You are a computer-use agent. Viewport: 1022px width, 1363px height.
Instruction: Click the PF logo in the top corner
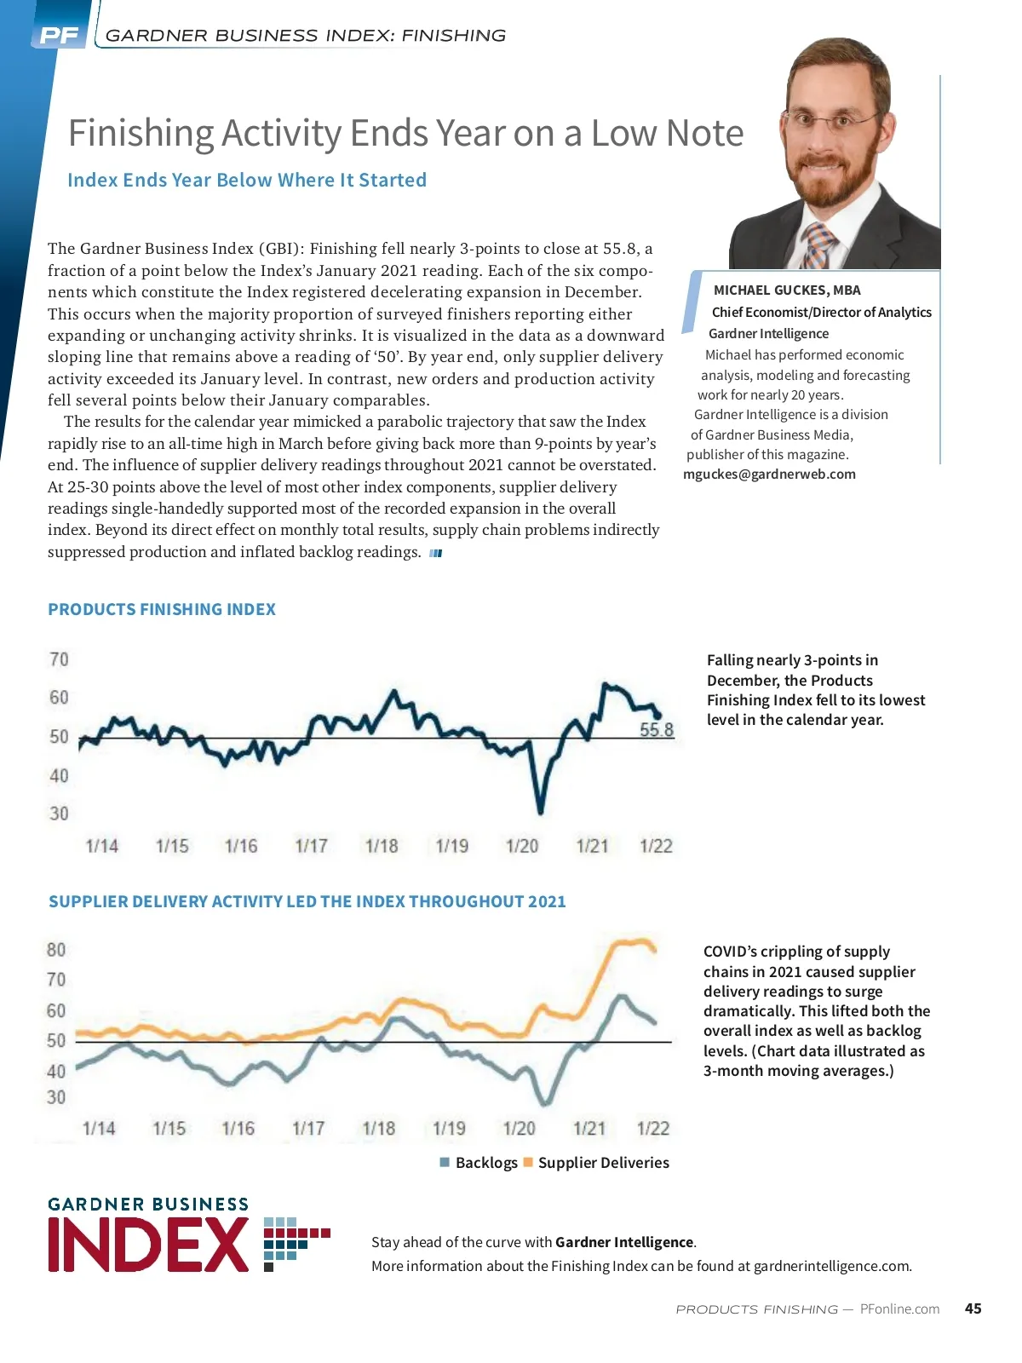(59, 36)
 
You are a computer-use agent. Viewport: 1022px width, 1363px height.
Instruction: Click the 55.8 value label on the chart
(657, 730)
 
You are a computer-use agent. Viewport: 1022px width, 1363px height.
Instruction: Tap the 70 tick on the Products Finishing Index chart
(59, 660)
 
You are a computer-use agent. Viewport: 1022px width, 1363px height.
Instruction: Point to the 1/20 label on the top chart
(522, 846)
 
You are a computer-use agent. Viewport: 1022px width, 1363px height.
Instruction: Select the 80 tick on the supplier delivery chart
(56, 950)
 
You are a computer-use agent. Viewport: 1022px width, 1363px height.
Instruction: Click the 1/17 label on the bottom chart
(308, 1129)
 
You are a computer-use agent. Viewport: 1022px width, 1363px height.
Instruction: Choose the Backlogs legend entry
(479, 1163)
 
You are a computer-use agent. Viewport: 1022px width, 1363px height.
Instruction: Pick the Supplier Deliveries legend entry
(596, 1163)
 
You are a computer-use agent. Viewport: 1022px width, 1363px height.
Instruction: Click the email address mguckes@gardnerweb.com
(769, 474)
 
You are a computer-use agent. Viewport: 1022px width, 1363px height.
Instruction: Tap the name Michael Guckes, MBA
(787, 290)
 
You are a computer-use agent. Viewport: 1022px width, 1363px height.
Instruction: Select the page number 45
(973, 1308)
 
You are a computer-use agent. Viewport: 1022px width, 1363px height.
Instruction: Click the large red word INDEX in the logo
(149, 1245)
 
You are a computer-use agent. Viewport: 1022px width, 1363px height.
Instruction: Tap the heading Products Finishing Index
(162, 610)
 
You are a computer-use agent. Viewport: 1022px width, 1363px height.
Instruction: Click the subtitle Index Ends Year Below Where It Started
(247, 181)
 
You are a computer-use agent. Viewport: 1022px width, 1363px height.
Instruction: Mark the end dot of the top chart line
(657, 716)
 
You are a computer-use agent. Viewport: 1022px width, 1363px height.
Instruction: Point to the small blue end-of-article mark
(436, 554)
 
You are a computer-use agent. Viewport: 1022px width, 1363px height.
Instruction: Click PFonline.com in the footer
(899, 1309)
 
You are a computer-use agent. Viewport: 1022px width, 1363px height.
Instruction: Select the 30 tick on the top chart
(59, 814)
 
